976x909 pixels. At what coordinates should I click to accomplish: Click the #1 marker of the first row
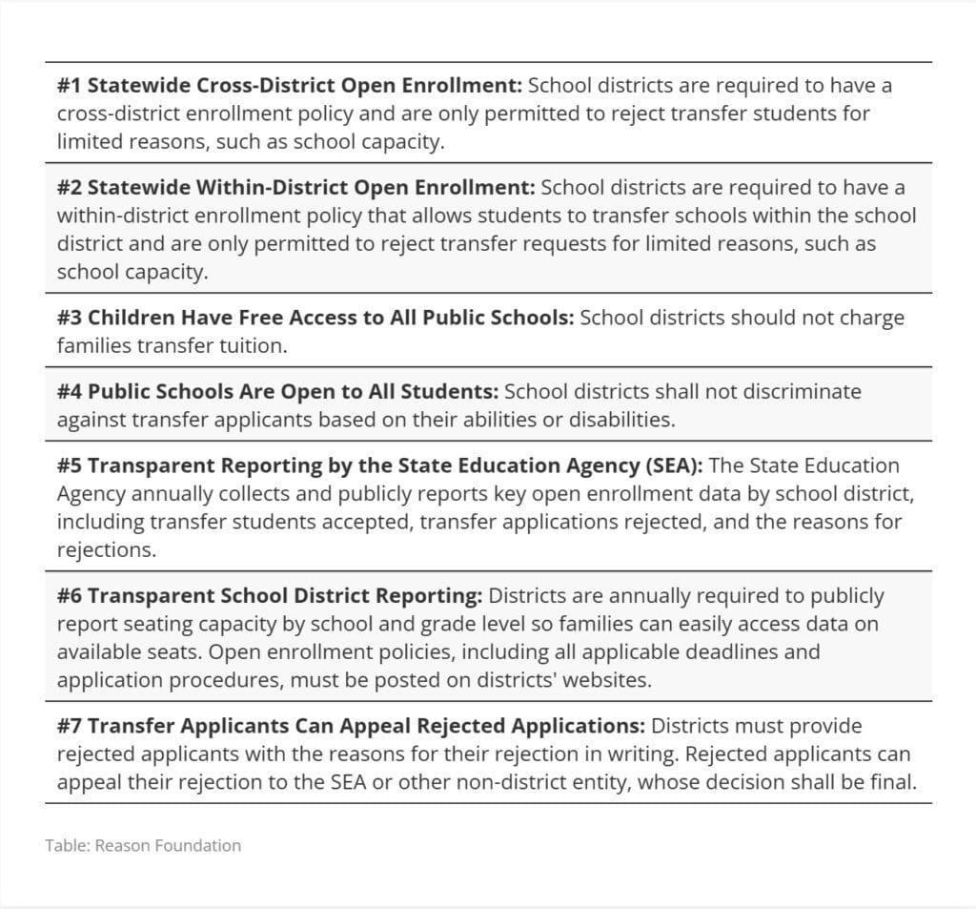(x=70, y=86)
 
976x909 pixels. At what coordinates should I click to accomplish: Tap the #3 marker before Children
(x=70, y=318)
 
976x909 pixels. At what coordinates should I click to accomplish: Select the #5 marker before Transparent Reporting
(x=70, y=465)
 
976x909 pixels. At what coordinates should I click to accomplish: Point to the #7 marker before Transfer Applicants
(x=70, y=726)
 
